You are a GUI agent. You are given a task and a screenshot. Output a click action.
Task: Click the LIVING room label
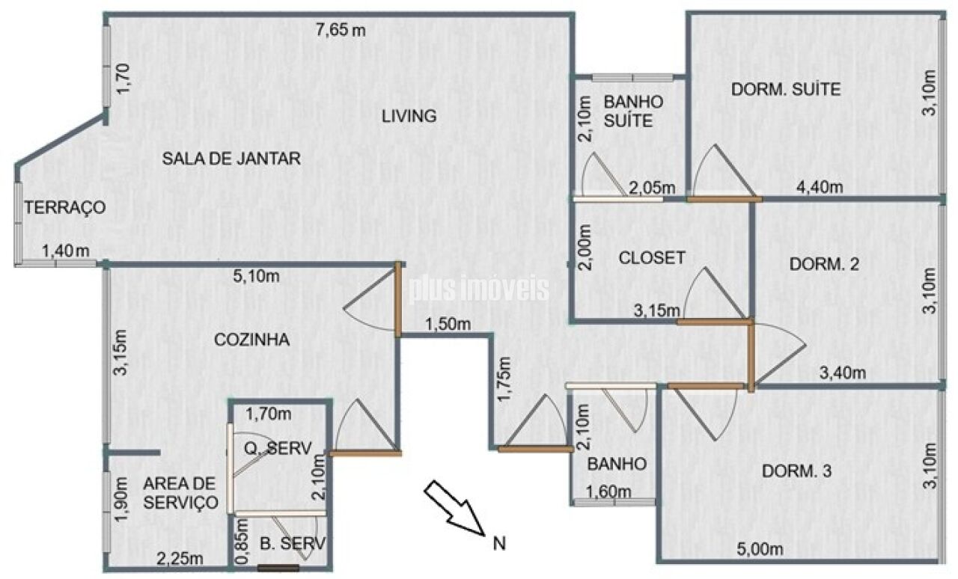(x=409, y=116)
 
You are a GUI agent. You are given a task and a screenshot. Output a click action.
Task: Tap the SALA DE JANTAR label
(x=231, y=159)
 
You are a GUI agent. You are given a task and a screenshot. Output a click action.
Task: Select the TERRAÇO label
(x=64, y=207)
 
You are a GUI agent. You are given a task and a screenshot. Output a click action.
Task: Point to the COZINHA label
(x=251, y=340)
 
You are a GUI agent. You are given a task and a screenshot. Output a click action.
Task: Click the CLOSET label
(x=651, y=258)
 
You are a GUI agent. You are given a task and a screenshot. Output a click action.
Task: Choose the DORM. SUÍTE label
(x=786, y=89)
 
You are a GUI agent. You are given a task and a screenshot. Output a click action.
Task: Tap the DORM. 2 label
(x=824, y=264)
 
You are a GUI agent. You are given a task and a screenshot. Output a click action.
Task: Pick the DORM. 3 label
(x=797, y=471)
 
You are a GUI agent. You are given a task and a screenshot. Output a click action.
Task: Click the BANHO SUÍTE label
(x=633, y=111)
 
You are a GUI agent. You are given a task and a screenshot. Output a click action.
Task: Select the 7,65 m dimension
(x=341, y=31)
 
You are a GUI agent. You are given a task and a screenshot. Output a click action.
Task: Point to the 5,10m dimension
(x=256, y=276)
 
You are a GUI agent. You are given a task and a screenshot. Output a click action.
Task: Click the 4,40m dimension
(x=820, y=187)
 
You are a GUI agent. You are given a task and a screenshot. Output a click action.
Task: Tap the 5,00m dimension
(x=760, y=549)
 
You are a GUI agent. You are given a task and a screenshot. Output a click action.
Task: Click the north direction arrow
(x=454, y=508)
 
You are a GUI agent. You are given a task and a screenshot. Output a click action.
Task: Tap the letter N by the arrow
(x=499, y=544)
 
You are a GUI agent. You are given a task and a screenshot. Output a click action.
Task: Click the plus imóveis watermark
(x=478, y=289)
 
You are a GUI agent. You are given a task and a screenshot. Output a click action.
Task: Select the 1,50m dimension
(x=448, y=325)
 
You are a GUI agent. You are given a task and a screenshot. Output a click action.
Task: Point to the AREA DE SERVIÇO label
(x=180, y=493)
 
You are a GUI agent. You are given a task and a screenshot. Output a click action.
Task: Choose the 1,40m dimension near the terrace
(x=65, y=251)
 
